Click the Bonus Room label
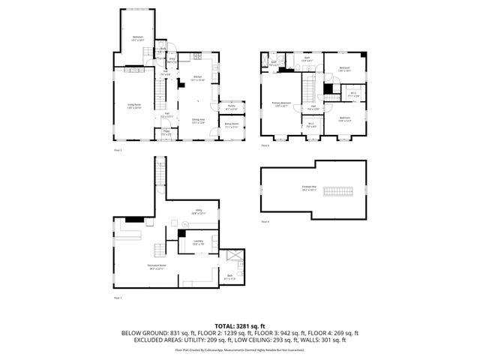(x=230, y=126)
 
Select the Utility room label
(x=198, y=211)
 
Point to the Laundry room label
(x=198, y=241)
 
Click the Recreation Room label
(x=136, y=266)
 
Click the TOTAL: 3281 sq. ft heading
(x=239, y=326)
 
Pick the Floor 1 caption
(x=116, y=298)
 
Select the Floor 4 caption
(x=265, y=223)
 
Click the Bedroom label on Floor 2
(x=138, y=37)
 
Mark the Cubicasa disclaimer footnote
(x=239, y=349)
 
